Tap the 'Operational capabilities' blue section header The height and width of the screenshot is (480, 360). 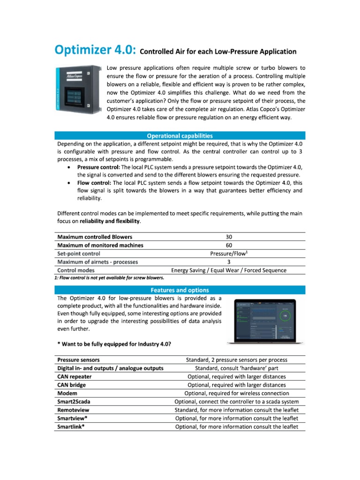tap(180, 135)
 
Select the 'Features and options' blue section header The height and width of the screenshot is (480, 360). tap(180, 290)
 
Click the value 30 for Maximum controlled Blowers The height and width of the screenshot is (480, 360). tap(228, 237)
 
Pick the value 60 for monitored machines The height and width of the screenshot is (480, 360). tap(228, 245)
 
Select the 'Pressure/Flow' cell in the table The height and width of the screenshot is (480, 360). tap(228, 254)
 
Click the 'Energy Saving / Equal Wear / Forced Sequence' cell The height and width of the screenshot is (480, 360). tap(228, 270)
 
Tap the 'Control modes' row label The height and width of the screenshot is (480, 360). tap(75, 270)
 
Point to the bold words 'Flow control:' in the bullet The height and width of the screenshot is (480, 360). tap(94, 183)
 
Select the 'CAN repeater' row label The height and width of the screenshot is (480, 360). tap(75, 376)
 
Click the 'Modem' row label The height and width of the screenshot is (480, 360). tap(67, 393)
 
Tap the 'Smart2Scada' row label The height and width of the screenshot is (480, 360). tap(75, 402)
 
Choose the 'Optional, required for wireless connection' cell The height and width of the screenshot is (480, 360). tap(237, 393)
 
